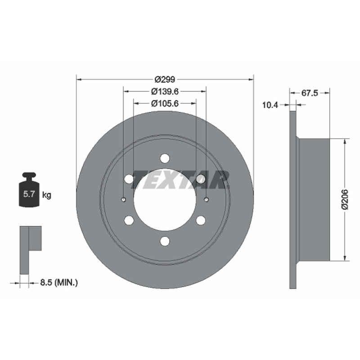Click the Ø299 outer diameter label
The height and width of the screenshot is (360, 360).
[x=165, y=80]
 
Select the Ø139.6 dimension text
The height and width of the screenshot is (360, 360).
[x=165, y=91]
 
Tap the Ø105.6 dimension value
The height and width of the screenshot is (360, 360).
[x=165, y=103]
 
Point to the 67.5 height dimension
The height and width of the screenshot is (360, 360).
[x=310, y=93]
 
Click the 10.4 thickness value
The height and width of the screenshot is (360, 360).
[x=270, y=105]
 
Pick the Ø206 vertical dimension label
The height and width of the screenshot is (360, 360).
[x=345, y=199]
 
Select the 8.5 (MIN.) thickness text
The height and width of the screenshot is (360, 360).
[x=59, y=283]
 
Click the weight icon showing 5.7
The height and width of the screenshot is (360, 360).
[x=29, y=190]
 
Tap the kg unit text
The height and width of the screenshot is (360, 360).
[x=47, y=195]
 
